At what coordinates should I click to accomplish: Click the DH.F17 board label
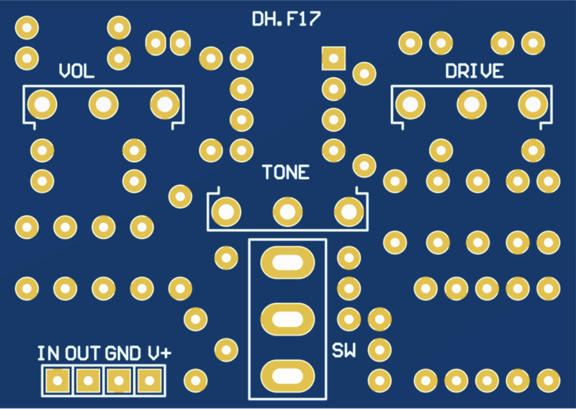pos(286,19)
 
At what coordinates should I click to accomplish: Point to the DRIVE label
pos(474,71)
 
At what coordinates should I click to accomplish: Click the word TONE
pos(286,173)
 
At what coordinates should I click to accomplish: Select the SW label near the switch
pos(343,351)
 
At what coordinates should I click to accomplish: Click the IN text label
pos(48,354)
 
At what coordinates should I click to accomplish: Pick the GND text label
pos(123,354)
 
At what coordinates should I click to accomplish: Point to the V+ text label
pos(159,354)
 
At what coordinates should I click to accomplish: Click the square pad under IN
pos(57,379)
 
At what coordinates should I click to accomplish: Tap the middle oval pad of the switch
pos(287,318)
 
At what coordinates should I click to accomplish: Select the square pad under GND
pos(118,379)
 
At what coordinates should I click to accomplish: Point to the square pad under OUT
pos(88,379)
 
